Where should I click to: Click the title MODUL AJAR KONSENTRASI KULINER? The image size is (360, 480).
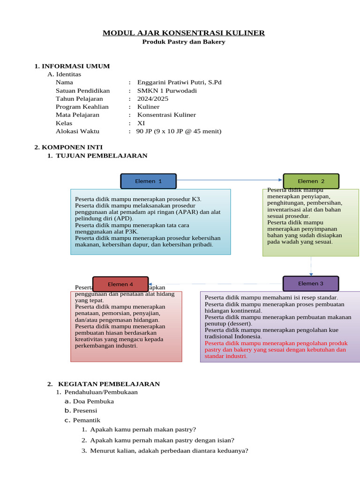point(184,33)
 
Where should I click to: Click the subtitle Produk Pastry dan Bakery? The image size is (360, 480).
point(184,42)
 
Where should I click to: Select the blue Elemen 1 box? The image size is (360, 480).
point(148,181)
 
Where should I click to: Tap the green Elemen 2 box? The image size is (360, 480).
point(311,181)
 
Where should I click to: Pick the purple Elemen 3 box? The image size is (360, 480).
point(311,284)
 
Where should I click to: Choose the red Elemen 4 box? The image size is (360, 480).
point(120,284)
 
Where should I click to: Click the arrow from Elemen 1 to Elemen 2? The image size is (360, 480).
point(230,180)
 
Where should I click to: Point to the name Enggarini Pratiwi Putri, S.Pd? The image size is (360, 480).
point(179,82)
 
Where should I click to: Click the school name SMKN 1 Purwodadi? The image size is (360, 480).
point(167,90)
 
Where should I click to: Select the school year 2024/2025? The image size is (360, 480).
point(153,99)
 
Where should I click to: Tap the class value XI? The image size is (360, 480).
point(141,123)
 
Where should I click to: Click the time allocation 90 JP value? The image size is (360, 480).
point(179,131)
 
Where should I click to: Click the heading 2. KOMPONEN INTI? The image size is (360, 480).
point(68,147)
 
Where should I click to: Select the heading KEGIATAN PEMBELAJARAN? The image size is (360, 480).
point(108,384)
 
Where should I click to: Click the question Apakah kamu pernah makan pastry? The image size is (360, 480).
point(143,429)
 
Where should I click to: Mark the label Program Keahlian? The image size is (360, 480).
point(82,107)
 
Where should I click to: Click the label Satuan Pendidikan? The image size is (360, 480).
point(82,90)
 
